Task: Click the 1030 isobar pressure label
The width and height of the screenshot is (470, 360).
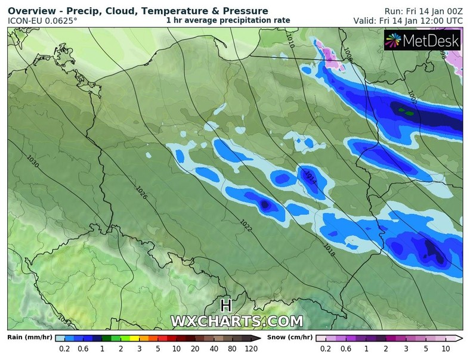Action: (33, 163)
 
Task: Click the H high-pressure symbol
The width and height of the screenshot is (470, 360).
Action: (225, 306)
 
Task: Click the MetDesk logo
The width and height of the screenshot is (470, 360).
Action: (422, 40)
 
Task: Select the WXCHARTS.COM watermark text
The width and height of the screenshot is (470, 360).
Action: (237, 321)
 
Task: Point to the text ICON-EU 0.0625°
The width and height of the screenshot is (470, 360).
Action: (42, 21)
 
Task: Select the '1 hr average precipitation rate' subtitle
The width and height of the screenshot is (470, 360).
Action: (228, 20)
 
